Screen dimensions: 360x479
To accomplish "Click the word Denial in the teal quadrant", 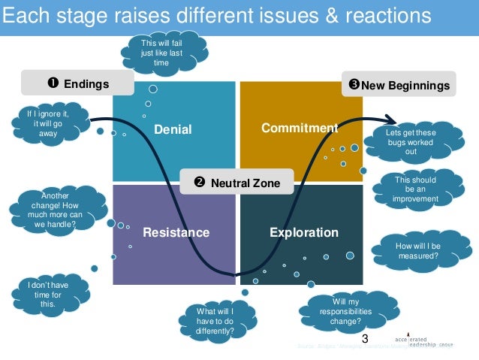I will pyautogui.click(x=173, y=130).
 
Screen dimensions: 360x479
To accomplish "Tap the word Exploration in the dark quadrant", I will pyautogui.click(x=303, y=232).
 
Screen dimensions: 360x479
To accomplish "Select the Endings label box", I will pyautogui.click(x=77, y=84).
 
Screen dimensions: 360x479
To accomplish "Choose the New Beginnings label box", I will pyautogui.click(x=399, y=85).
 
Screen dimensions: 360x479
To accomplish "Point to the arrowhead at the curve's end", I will pyautogui.click(x=391, y=118).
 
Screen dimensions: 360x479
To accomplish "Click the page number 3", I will pyautogui.click(x=365, y=339).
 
